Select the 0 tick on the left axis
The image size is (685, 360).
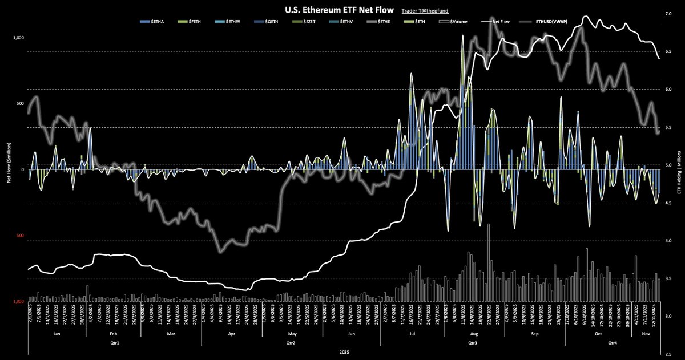pos(22,170)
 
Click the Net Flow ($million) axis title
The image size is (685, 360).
pos(8,170)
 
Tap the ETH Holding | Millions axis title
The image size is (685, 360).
pos(679,170)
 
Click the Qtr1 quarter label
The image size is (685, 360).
pos(115,344)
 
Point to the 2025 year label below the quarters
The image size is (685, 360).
pos(344,353)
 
